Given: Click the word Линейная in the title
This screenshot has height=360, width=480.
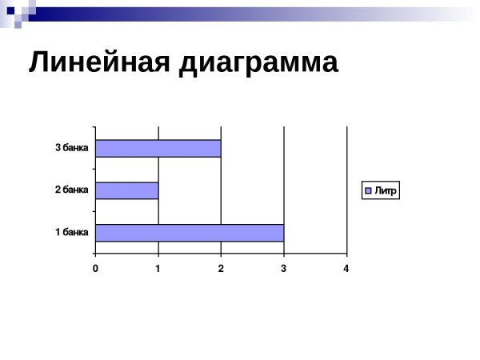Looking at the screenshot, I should (98, 62).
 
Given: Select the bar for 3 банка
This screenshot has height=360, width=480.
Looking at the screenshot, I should (158, 149).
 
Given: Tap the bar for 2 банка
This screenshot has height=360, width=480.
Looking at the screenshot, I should (126, 190).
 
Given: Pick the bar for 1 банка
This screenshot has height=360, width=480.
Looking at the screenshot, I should (189, 233).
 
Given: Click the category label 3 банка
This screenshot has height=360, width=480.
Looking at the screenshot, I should (71, 148).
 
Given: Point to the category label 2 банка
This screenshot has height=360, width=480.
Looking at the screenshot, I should (71, 190).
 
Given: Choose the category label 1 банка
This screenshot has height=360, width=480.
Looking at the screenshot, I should (71, 233).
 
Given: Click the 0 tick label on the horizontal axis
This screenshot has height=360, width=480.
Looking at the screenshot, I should (95, 269).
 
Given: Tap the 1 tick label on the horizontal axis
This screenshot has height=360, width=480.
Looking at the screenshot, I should (158, 269).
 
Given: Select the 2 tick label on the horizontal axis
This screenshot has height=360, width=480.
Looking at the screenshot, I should (221, 269).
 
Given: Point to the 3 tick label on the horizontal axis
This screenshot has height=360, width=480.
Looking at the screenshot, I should (283, 269).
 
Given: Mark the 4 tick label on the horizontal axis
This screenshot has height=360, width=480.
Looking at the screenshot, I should (346, 269).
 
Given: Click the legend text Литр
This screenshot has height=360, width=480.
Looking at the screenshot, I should (386, 190).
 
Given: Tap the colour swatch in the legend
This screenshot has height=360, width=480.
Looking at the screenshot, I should (369, 190).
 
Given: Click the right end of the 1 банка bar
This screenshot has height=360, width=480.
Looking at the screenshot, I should (283, 233).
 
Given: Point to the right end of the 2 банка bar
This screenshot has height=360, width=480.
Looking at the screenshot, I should (158, 190).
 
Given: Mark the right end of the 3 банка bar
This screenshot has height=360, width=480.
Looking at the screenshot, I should (220, 149).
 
